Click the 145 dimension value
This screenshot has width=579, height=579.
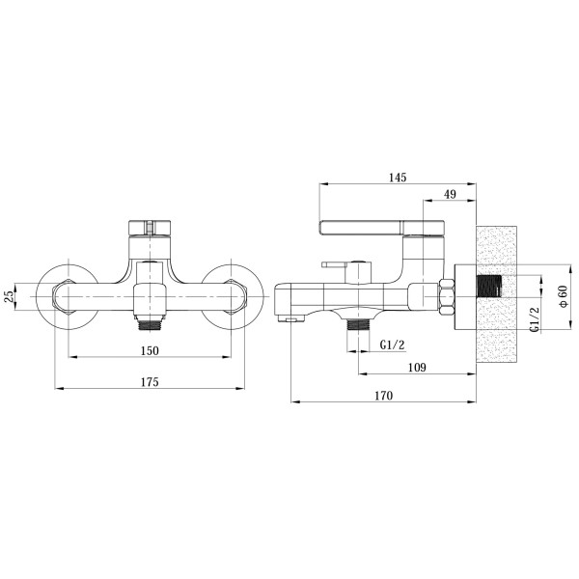pos(398,178)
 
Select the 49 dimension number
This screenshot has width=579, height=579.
pos(450,194)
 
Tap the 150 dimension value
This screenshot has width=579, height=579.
pos(150,350)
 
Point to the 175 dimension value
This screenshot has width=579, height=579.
pos(150,381)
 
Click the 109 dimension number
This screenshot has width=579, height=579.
pos(417,368)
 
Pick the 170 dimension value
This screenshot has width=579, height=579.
pos(384,396)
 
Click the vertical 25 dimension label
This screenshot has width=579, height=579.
pos(10,296)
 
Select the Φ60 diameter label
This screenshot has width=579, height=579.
pos(564,296)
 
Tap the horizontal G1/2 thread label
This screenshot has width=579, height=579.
pos(392,345)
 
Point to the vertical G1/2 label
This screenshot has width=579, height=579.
pos(536,319)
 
